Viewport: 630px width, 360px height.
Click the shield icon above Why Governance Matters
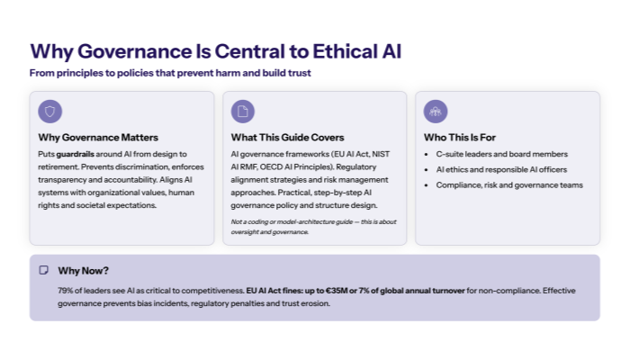50,112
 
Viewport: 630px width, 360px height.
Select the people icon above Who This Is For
436,112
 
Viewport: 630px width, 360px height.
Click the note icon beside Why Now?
43,270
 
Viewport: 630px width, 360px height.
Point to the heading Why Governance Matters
98,138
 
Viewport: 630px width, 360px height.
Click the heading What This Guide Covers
287,138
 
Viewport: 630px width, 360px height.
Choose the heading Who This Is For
459,138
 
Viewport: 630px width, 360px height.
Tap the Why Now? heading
83,270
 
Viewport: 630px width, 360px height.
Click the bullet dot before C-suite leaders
427,155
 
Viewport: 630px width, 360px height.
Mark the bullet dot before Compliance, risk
427,185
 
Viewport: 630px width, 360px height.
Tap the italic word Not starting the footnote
237,221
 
